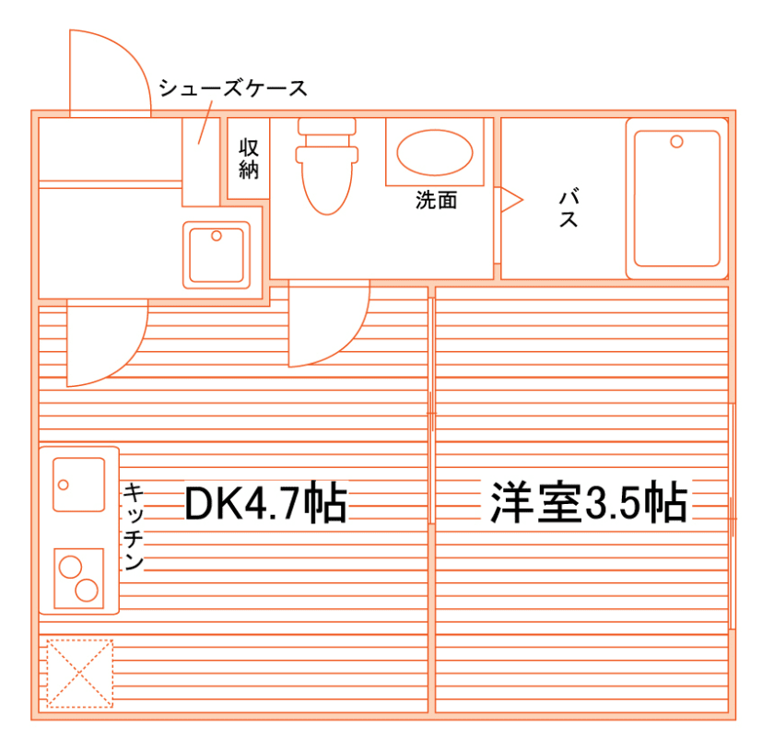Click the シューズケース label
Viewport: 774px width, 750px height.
click(x=231, y=89)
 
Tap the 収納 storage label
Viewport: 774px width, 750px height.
click(x=248, y=158)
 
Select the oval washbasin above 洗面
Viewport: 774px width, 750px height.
click(x=434, y=152)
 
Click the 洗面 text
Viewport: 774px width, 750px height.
click(x=435, y=200)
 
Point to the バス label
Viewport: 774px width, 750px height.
click(x=569, y=207)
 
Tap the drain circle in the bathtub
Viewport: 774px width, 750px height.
click(x=677, y=141)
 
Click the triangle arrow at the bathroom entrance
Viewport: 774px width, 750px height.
click(x=510, y=199)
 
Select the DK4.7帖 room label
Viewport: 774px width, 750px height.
click(x=265, y=503)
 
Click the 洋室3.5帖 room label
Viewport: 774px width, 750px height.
click(x=588, y=503)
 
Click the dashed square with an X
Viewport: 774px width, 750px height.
click(x=79, y=674)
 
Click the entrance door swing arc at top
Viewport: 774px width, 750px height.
click(x=109, y=69)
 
